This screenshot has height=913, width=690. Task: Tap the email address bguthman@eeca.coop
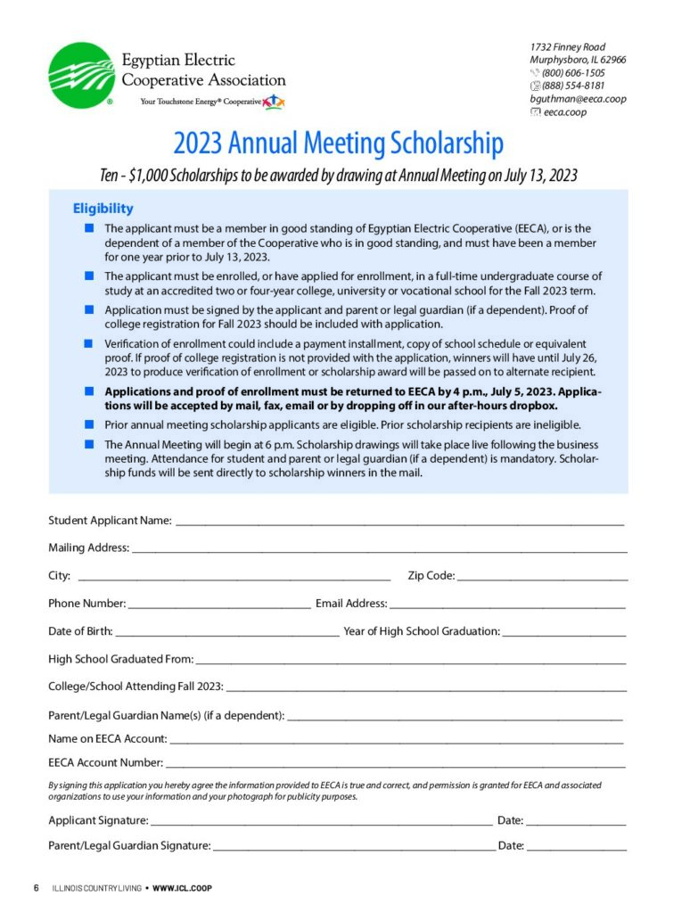click(x=578, y=99)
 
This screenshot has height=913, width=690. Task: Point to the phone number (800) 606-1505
click(x=573, y=73)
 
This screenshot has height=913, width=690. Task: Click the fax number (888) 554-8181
click(x=573, y=86)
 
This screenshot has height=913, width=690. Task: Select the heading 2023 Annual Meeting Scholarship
click(x=338, y=143)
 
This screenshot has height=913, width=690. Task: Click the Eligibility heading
click(x=103, y=209)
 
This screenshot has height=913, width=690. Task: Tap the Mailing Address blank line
click(x=379, y=550)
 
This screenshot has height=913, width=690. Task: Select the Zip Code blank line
click(x=542, y=579)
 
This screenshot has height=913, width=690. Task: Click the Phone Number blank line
click(x=219, y=606)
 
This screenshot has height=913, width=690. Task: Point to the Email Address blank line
click(x=507, y=606)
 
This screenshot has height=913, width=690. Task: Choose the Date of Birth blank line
click(x=226, y=634)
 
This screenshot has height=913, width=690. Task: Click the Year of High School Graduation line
click(x=563, y=634)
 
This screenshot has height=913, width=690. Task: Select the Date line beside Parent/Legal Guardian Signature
click(x=576, y=849)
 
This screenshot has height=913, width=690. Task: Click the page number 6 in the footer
click(x=37, y=888)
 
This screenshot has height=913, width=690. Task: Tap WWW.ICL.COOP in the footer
click(x=182, y=888)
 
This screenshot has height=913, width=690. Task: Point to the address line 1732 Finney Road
click(x=568, y=46)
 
